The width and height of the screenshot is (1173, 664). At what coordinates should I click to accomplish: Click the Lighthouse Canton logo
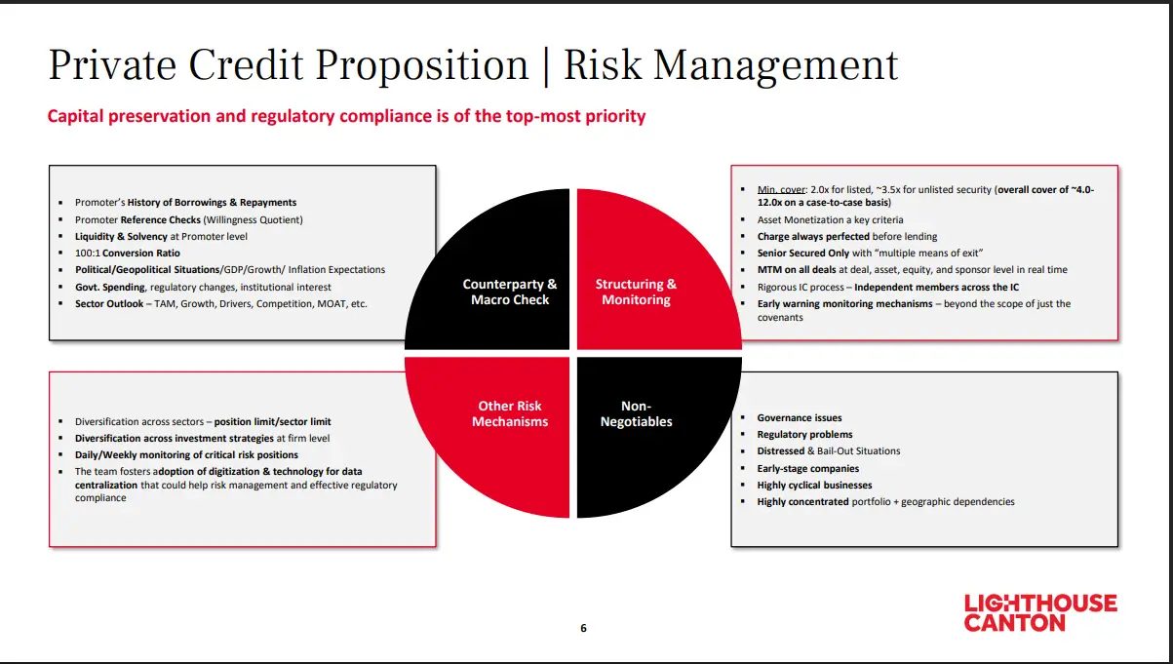1039,612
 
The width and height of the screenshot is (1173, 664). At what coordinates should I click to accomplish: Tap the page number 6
583,628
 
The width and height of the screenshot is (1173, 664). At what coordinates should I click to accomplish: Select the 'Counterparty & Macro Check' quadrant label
510,292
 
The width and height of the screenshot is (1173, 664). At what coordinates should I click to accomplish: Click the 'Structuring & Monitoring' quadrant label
636,292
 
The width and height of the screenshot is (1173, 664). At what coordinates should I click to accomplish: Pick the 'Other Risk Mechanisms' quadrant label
510,413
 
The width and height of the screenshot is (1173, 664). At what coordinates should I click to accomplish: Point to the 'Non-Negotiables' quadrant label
636,413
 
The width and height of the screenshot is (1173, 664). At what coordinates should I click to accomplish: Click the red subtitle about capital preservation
346,116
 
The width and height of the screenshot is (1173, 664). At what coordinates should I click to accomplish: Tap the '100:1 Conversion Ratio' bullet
128,254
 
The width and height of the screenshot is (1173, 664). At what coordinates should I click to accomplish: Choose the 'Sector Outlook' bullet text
220,303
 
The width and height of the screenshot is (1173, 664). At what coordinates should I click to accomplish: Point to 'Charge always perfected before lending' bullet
846,236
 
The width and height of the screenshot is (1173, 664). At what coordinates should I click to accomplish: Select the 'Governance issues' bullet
800,417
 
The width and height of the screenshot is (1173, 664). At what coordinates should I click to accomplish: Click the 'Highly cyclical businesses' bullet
814,485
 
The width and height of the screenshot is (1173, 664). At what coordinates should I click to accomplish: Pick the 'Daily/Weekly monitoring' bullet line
186,454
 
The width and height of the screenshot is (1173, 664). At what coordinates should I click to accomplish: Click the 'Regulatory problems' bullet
804,434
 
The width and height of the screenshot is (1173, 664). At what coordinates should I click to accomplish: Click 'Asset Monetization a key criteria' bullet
830,219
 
